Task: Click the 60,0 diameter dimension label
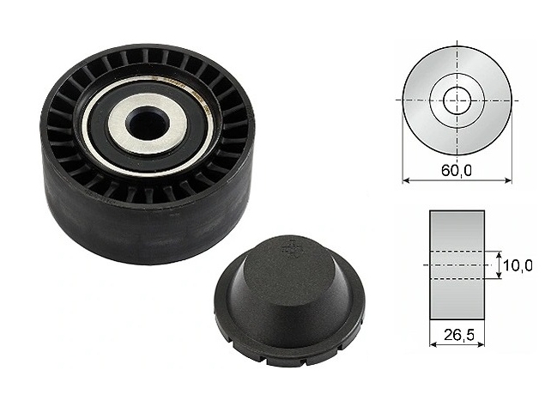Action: coord(457,171)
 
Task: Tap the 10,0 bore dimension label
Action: coord(518,265)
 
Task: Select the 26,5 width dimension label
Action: coord(458,335)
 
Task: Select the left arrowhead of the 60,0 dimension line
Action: coord(406,180)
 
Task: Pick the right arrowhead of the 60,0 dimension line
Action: coord(508,180)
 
